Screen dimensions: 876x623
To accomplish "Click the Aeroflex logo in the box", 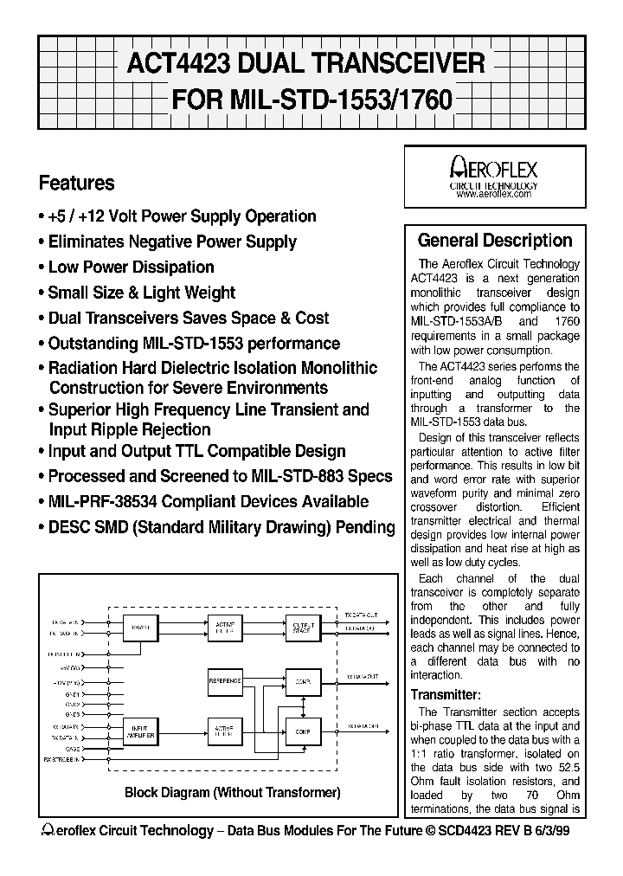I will (x=494, y=168).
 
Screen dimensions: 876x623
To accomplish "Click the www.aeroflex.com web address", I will (x=493, y=196).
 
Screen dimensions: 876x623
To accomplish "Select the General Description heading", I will (x=495, y=241).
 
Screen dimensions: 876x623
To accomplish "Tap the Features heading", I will (x=77, y=183).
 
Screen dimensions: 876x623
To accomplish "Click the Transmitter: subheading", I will (x=445, y=693).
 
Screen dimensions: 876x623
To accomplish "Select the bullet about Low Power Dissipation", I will (x=131, y=267).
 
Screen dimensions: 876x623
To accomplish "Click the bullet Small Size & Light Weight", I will (x=141, y=293).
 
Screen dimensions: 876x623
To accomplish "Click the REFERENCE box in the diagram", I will (x=224, y=681).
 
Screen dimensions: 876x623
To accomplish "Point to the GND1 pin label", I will (x=73, y=694).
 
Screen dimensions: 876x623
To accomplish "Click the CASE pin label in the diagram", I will (x=74, y=749).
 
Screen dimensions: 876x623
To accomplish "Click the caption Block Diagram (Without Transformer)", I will (x=233, y=792).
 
